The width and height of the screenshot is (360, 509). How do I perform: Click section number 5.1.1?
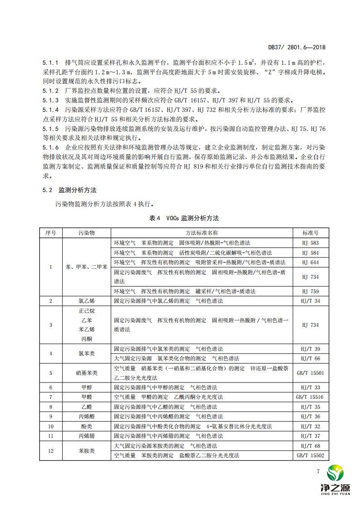(50, 61)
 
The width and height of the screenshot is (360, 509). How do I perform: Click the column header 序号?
(50, 233)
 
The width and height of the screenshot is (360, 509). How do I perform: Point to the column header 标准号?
(310, 233)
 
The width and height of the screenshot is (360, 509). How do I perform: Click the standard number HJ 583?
(310, 243)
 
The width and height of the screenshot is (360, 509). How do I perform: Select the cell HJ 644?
(310, 262)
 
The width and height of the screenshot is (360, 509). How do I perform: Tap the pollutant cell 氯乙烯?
(86, 301)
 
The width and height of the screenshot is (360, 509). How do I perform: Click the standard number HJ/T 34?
(310, 301)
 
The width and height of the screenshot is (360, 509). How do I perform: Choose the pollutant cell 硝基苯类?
(86, 373)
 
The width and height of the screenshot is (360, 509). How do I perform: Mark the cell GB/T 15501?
(310, 373)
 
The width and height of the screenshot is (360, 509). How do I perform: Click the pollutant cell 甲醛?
(86, 397)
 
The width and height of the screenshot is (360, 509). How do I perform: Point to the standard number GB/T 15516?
(310, 397)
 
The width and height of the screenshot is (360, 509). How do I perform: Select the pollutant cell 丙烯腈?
(86, 436)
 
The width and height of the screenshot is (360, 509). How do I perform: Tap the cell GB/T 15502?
(310, 456)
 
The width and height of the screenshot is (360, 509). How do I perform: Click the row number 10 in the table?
(50, 427)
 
